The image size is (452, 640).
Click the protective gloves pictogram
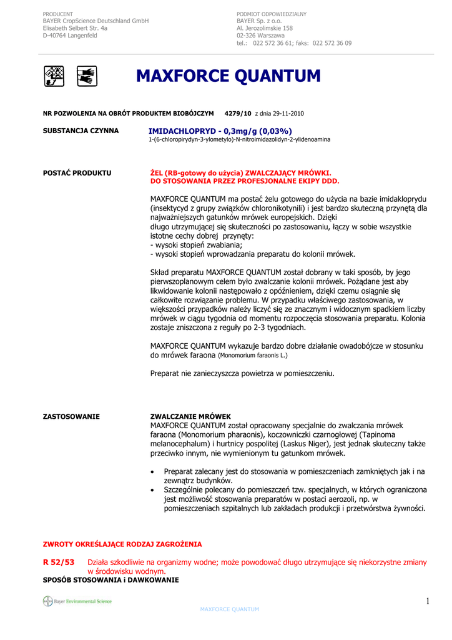tap(87, 76)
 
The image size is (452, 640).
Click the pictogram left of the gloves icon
tap(54, 76)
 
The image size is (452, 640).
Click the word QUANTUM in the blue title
tap(278, 76)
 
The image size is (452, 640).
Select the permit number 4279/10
tap(238, 113)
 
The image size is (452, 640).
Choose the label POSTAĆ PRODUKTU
tap(77, 172)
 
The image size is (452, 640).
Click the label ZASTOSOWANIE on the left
tap(71, 416)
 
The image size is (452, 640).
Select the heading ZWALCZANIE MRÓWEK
tap(190, 416)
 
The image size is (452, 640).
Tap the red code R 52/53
tap(58, 562)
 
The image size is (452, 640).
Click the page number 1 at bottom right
tap(428, 601)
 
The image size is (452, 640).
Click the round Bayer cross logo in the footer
tap(47, 601)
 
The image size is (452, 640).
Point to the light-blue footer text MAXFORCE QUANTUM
tap(229, 609)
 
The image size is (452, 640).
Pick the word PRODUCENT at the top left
tap(57, 14)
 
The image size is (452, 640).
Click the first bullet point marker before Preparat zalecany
tap(154, 472)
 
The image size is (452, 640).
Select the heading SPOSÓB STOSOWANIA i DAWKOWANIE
tap(111, 580)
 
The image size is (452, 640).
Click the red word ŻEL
tap(157, 172)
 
